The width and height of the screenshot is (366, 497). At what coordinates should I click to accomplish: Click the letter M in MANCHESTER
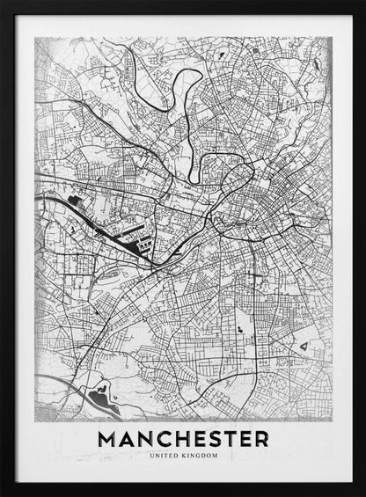108,437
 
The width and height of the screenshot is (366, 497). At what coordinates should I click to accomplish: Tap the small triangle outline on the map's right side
304,348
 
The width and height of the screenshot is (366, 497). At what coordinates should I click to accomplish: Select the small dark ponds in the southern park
238,329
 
